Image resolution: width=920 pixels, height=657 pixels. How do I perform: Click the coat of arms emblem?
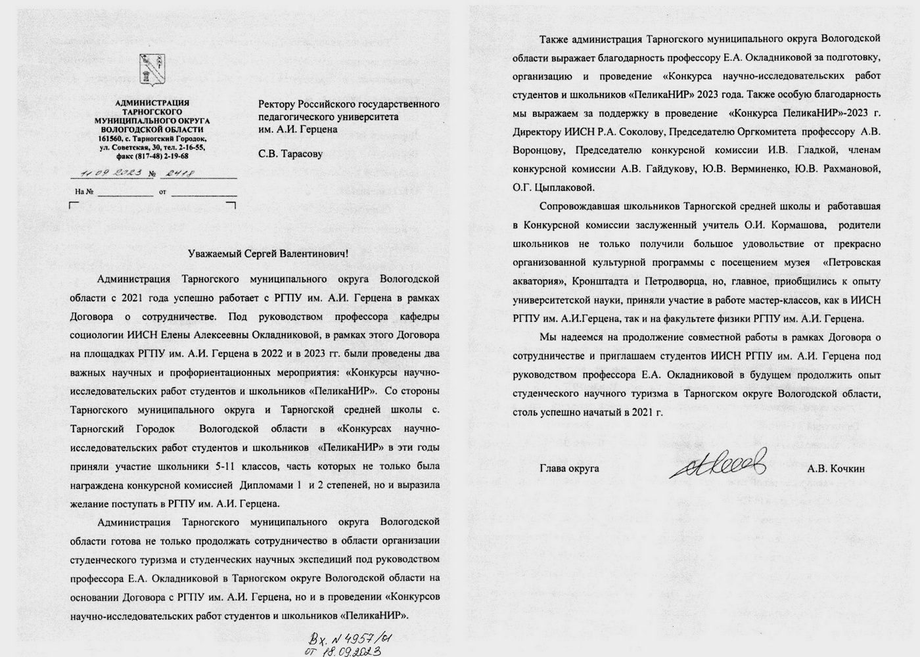pos(152,72)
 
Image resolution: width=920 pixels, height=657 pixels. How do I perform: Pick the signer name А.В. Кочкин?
pos(837,468)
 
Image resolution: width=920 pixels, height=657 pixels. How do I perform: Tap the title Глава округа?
pos(569,468)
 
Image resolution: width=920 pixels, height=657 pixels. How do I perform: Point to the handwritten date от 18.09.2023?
pos(341,650)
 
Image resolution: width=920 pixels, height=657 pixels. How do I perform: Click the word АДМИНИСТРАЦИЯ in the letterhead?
pos(152,102)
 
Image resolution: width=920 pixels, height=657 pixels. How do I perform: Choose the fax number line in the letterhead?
pos(152,156)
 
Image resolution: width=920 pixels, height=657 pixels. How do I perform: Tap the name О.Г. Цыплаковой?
pos(553,187)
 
